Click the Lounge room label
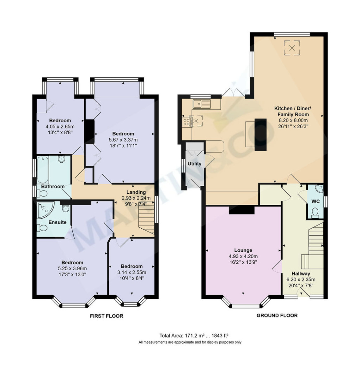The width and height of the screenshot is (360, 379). pyautogui.click(x=243, y=250)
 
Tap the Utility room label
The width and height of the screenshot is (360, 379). pyautogui.click(x=194, y=164)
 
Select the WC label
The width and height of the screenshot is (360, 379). pyautogui.click(x=315, y=201)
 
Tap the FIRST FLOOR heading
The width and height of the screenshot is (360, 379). pyautogui.click(x=107, y=316)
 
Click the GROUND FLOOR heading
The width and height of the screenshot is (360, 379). pyautogui.click(x=277, y=315)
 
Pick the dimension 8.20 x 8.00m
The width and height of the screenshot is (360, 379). pyautogui.click(x=293, y=120)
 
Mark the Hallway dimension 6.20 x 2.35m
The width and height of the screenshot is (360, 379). pyautogui.click(x=301, y=280)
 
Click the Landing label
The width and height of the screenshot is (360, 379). pyautogui.click(x=136, y=192)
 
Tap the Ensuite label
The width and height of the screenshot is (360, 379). pyautogui.click(x=57, y=222)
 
